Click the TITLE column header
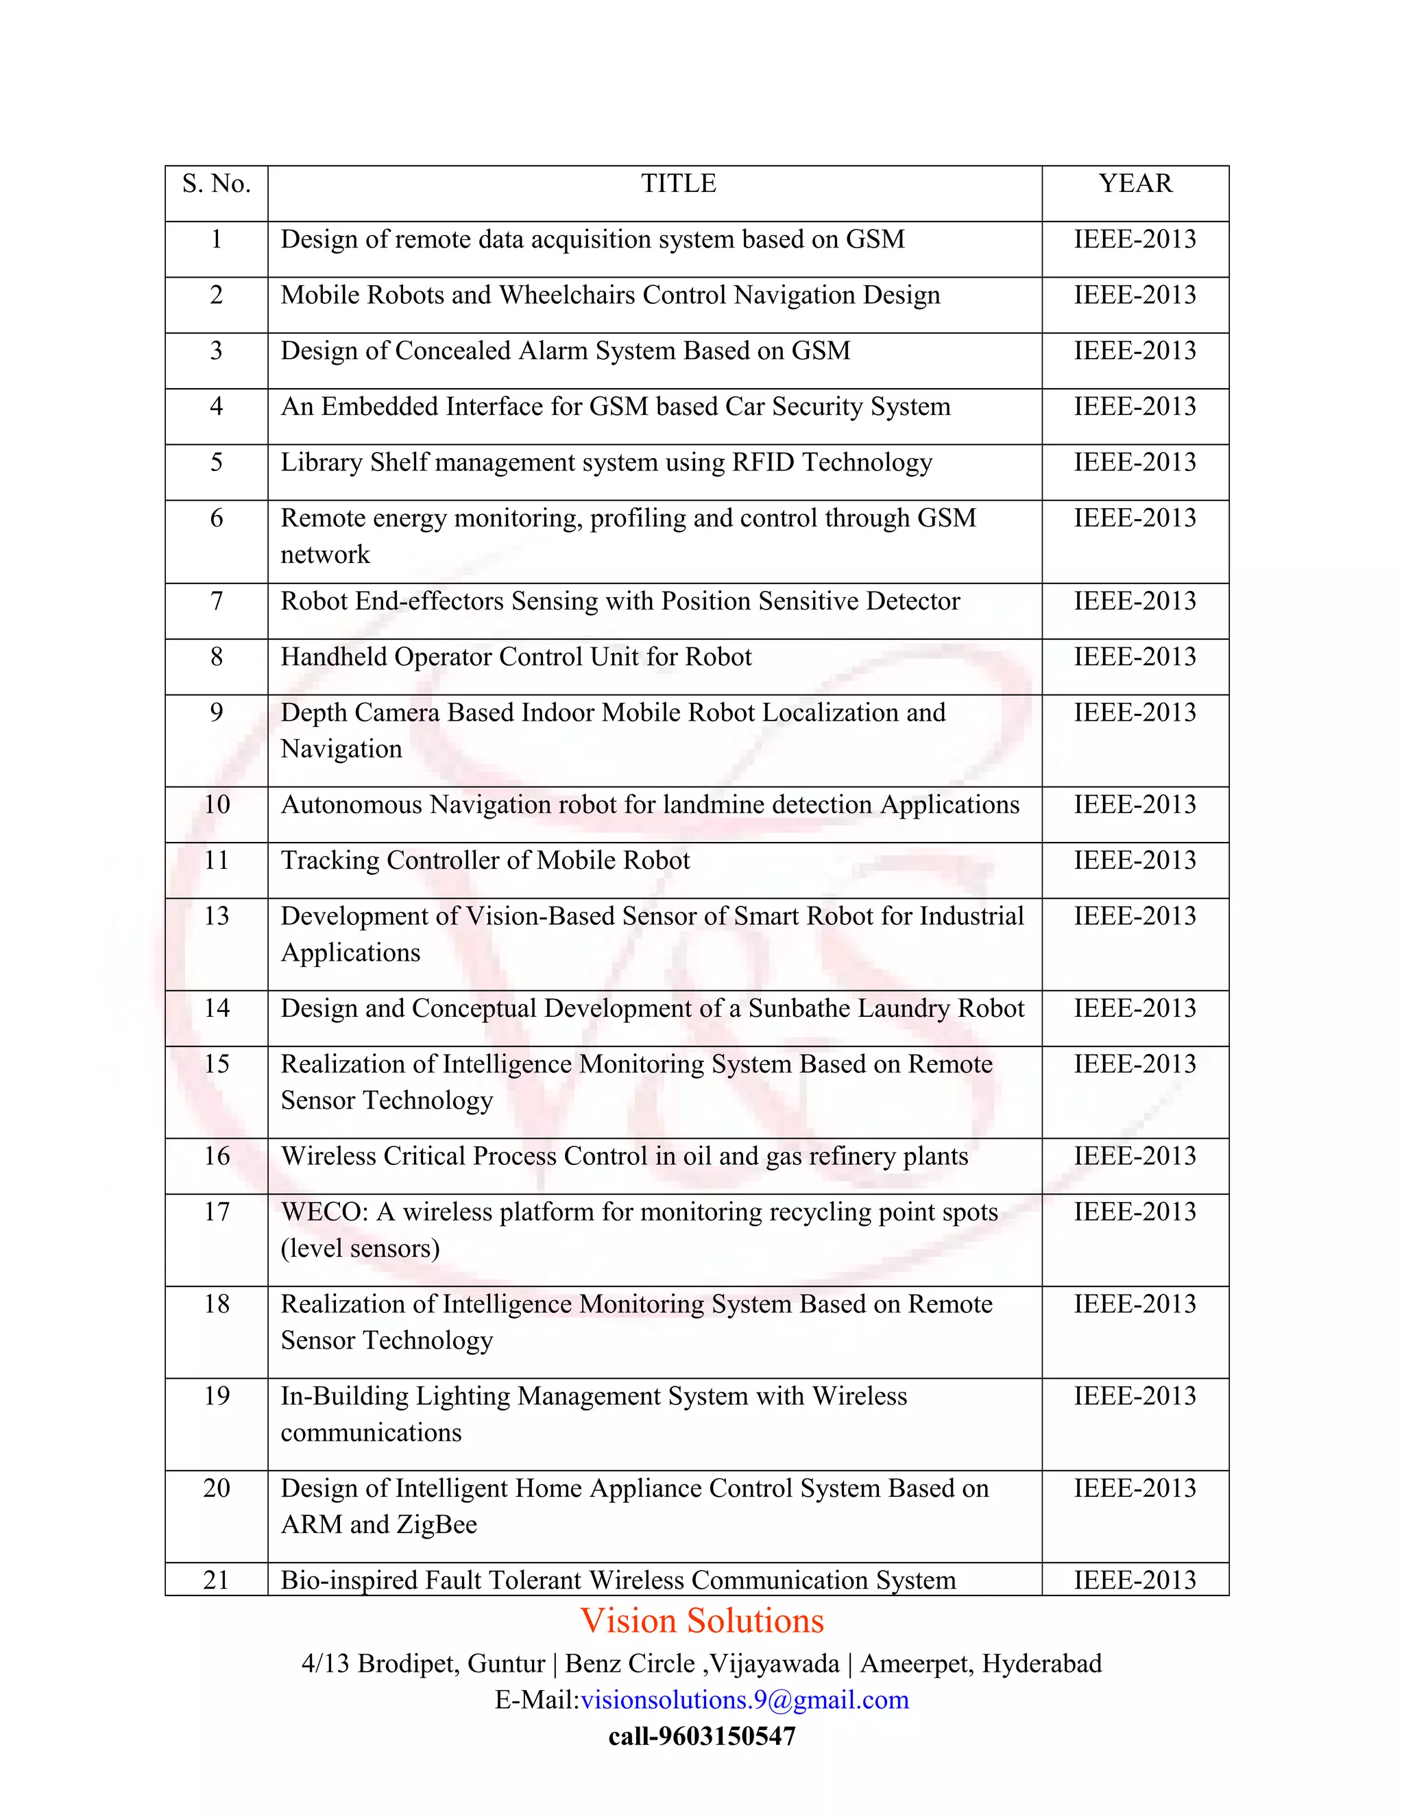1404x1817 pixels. tap(678, 184)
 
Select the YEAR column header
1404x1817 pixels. tap(1135, 184)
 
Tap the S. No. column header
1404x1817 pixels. tap(216, 184)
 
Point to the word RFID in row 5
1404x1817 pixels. tap(764, 463)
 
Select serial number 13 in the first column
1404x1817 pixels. tap(216, 916)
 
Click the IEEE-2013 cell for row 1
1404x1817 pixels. tap(1135, 239)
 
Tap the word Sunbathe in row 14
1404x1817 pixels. tap(799, 1009)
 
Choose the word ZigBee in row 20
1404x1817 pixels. tap(437, 1525)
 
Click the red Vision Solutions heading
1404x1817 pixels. tap(702, 1622)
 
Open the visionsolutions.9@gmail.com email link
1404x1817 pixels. tap(745, 1700)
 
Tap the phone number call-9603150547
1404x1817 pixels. tap(702, 1736)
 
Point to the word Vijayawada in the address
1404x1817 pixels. tap(775, 1664)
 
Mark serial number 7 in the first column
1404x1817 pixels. tap(216, 601)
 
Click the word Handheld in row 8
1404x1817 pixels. tap(334, 658)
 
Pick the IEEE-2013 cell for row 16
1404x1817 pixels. tap(1135, 1157)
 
